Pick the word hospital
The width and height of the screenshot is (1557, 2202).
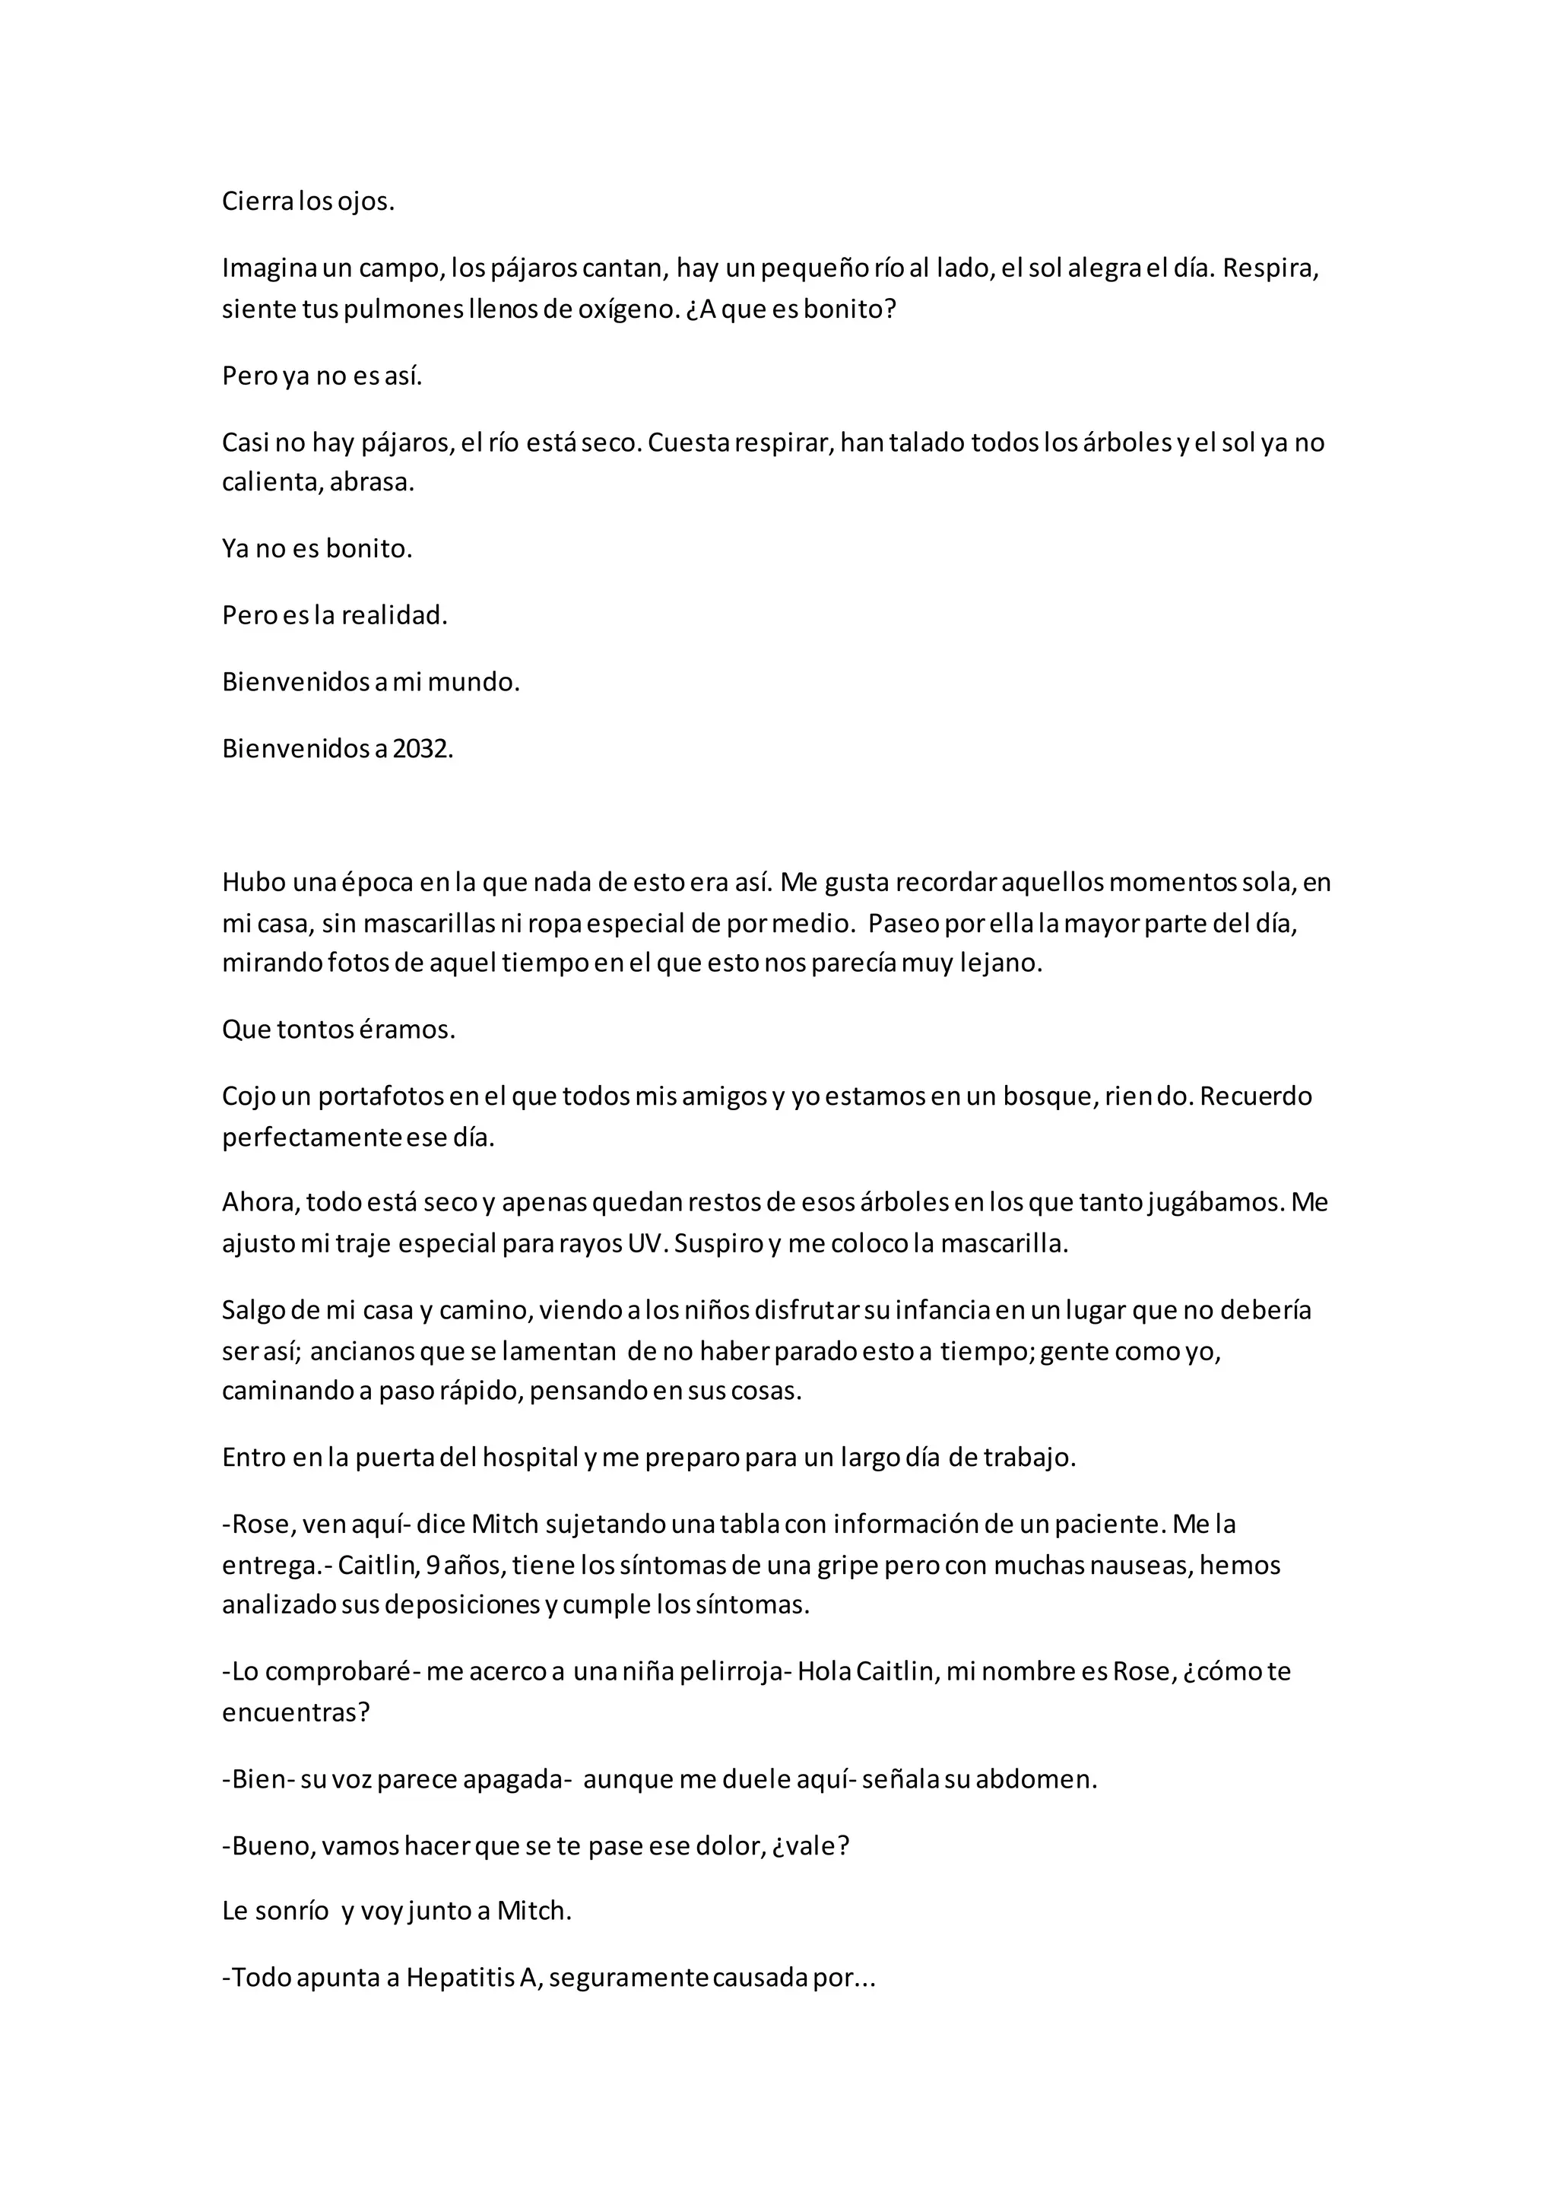click(528, 1458)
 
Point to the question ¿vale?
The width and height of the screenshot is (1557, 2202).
click(811, 1846)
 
